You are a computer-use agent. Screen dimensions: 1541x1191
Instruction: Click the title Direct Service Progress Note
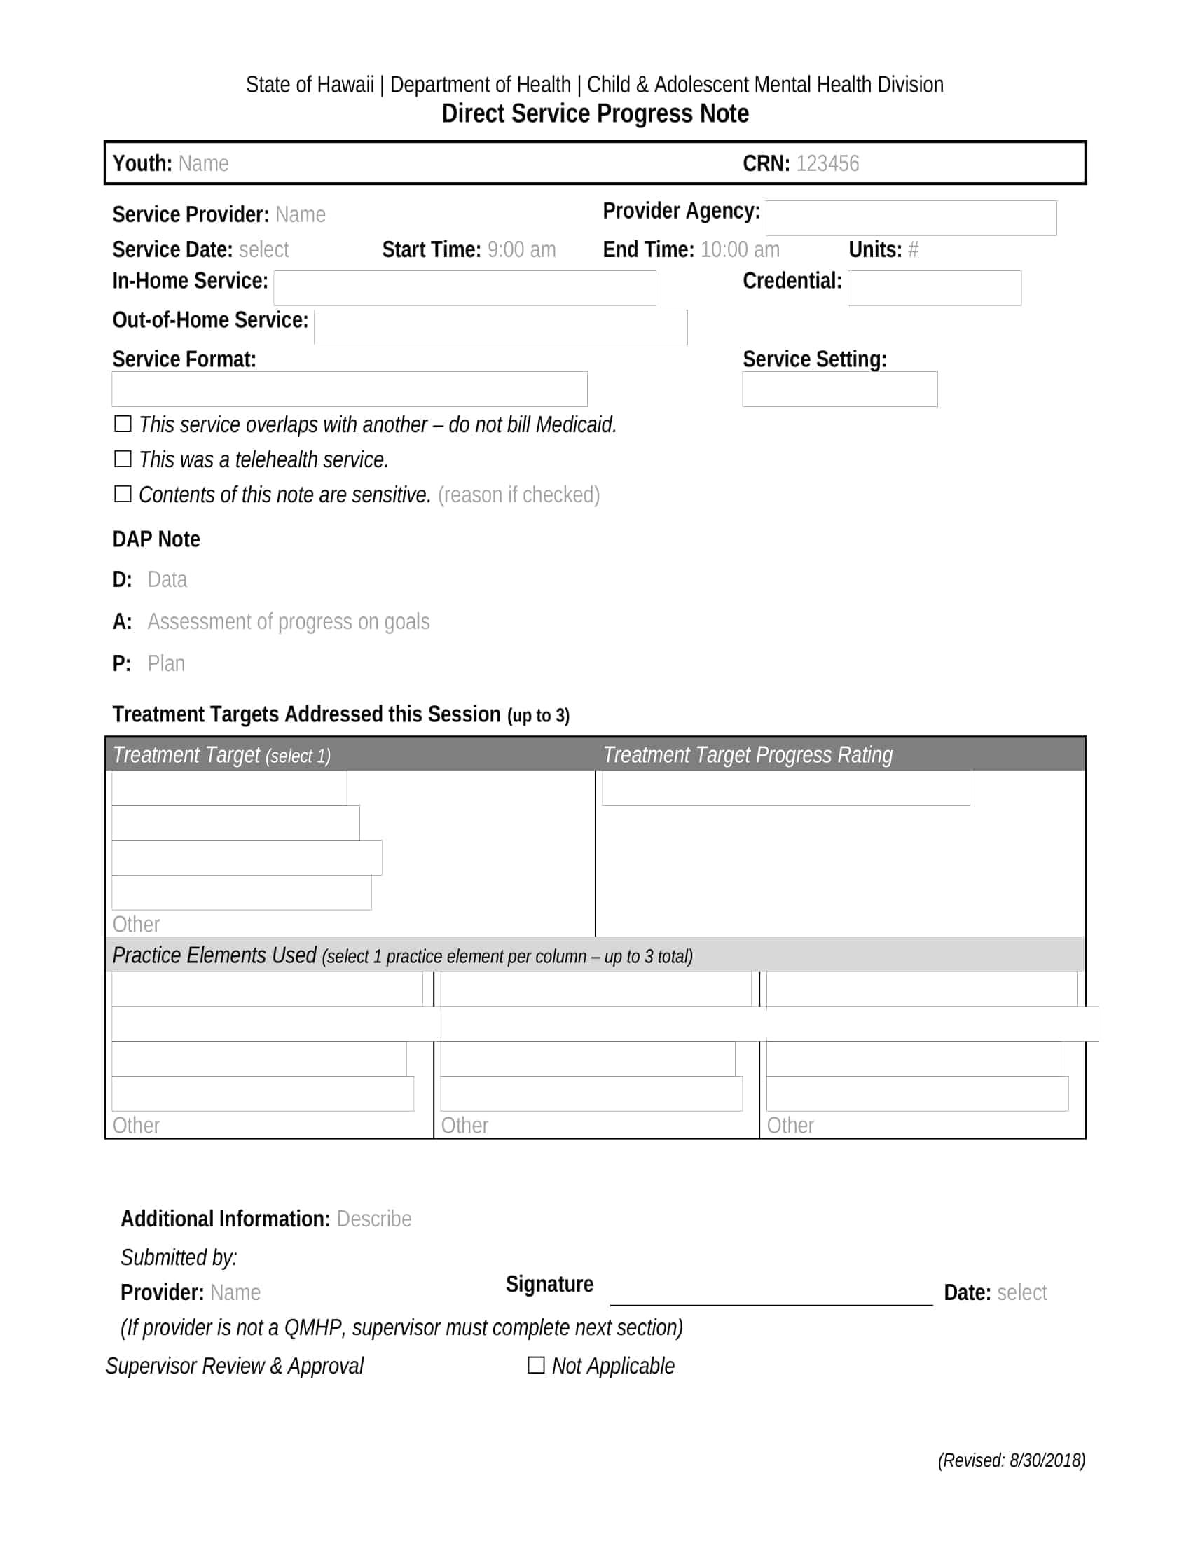(595, 113)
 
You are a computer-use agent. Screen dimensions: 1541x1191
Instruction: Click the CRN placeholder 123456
(827, 164)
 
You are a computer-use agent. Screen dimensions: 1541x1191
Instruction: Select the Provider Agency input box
(910, 218)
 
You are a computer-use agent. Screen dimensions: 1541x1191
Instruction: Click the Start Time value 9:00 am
(521, 250)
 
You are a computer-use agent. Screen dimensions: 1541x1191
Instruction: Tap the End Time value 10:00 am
(740, 250)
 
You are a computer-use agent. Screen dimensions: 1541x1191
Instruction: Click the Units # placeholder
(913, 250)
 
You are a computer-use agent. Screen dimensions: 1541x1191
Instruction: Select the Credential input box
(933, 288)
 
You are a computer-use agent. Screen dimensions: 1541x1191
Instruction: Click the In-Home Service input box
(464, 288)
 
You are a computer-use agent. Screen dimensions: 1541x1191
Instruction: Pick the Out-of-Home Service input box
(500, 327)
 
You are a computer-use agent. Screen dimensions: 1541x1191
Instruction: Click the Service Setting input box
(839, 389)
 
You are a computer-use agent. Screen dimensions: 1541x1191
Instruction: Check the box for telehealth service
(123, 459)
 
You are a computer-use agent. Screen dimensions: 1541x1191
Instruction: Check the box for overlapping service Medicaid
(123, 424)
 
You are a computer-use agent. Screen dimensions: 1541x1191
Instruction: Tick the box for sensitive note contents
(123, 494)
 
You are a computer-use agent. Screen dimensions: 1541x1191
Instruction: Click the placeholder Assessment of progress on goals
(288, 621)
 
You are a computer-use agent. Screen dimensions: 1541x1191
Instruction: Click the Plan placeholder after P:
(166, 664)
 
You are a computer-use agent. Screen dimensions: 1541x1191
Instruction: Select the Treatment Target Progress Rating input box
(785, 787)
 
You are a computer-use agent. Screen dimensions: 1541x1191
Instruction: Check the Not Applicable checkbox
(536, 1365)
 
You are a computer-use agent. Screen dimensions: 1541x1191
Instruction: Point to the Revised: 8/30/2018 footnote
(1010, 1460)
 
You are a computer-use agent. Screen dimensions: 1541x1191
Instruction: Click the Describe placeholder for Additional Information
(373, 1219)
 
